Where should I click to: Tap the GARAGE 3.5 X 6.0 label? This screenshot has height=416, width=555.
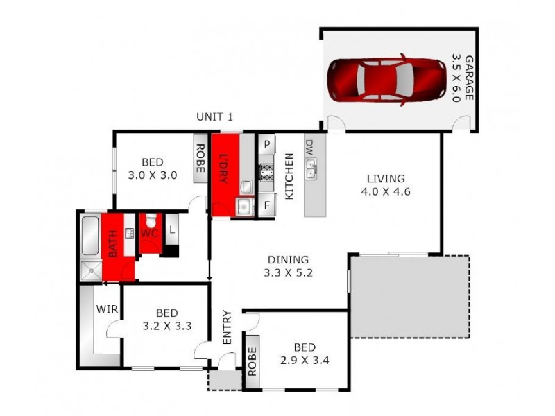[x=463, y=78]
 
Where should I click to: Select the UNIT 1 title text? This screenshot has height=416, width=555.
[x=214, y=116]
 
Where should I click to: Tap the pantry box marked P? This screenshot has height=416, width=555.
[x=267, y=145]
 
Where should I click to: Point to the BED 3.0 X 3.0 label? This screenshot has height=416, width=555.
[x=153, y=169]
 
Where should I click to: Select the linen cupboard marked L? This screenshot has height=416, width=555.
[x=171, y=225]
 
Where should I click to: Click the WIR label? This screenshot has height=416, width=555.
[x=105, y=309]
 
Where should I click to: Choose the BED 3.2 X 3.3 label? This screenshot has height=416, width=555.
[x=166, y=318]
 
